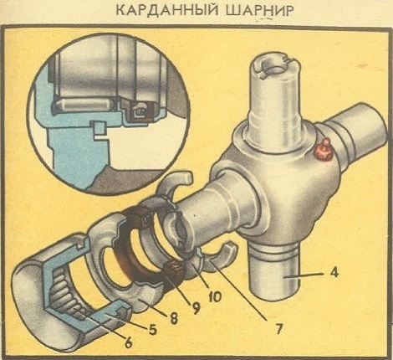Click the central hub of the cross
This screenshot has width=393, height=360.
tap(268, 184)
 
